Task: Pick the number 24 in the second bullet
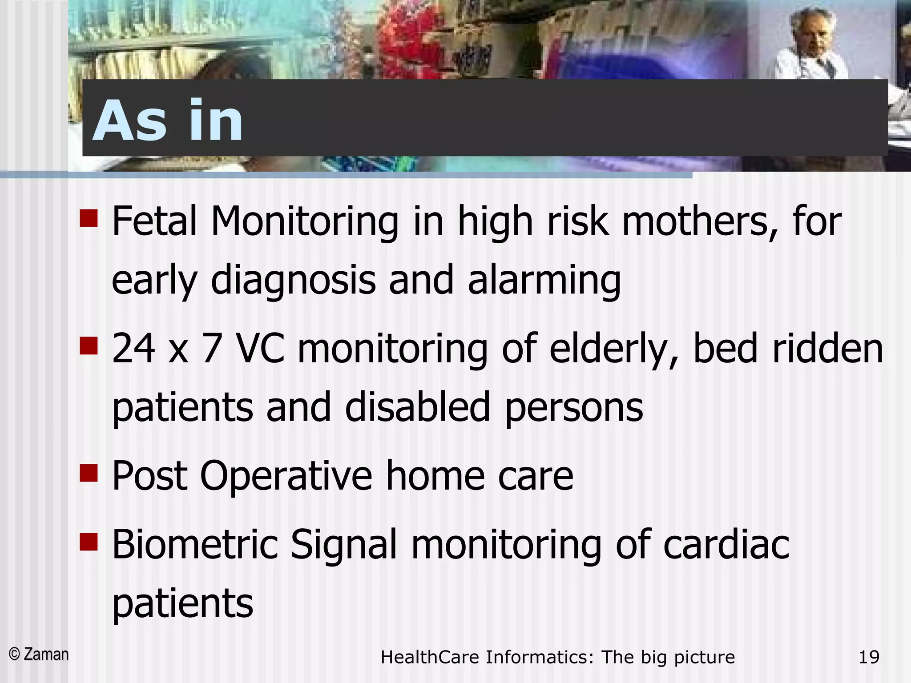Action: (133, 349)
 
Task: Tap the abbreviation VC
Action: (260, 349)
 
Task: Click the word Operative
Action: (286, 476)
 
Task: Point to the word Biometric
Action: (195, 544)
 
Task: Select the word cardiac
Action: (726, 544)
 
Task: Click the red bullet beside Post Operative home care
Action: (89, 473)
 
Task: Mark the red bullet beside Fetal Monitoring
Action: (89, 218)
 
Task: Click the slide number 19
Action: (869, 657)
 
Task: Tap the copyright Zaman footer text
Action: (39, 655)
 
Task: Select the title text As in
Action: (168, 121)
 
